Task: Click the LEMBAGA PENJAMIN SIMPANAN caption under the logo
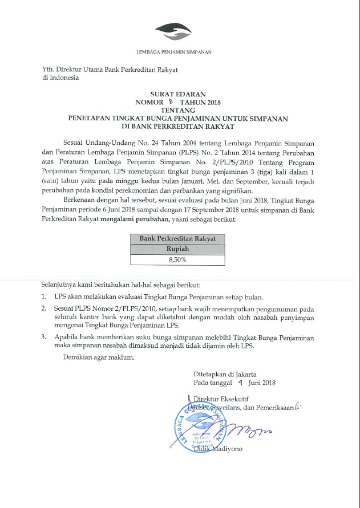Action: click(x=173, y=52)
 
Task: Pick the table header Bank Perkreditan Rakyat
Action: click(x=177, y=238)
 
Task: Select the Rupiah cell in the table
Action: click(x=177, y=249)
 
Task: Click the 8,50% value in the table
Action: click(x=177, y=260)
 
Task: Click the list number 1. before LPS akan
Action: click(x=44, y=297)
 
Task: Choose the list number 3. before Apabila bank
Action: click(x=44, y=338)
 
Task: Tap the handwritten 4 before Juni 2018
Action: click(x=241, y=383)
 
